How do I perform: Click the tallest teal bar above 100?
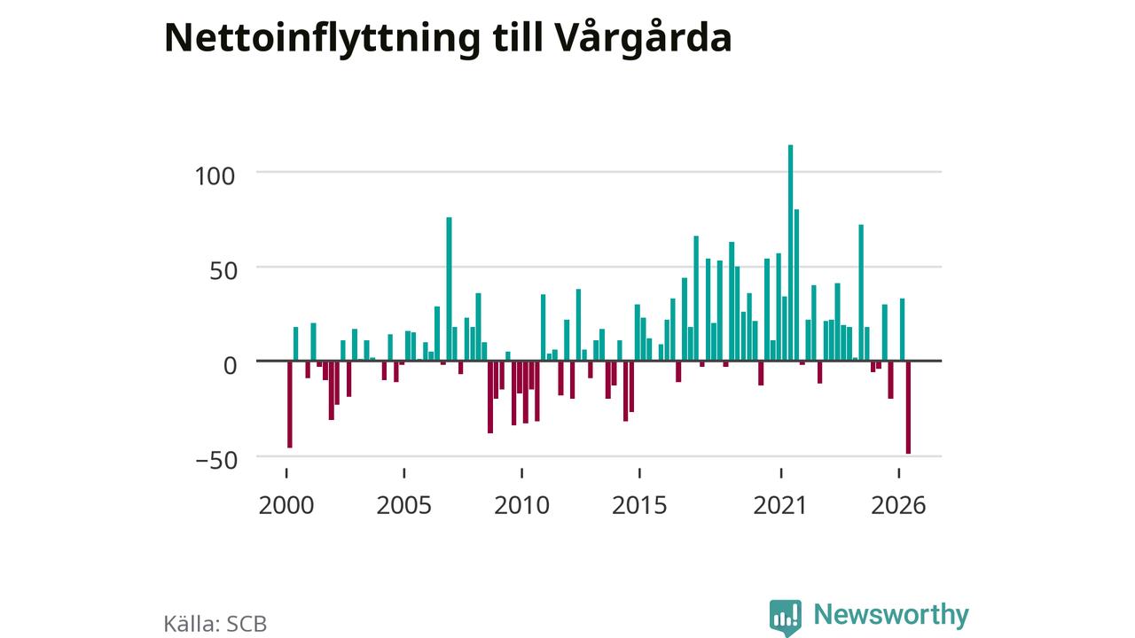(x=790, y=253)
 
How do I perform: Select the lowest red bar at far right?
(x=909, y=407)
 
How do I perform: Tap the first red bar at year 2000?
(x=290, y=404)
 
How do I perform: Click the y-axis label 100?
(x=215, y=176)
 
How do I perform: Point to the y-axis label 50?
(x=223, y=271)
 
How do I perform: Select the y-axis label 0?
(x=230, y=366)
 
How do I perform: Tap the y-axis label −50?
(x=216, y=461)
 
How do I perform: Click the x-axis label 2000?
(x=286, y=505)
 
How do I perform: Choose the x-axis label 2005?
(x=403, y=505)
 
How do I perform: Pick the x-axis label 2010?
(x=522, y=505)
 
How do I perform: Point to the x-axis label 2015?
(x=639, y=505)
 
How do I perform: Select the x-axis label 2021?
(x=780, y=505)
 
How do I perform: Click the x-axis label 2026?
(x=898, y=505)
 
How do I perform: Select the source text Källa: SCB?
(x=215, y=624)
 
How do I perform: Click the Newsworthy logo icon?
(x=786, y=618)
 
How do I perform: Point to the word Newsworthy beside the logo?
(x=891, y=615)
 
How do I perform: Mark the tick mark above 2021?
(x=781, y=473)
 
